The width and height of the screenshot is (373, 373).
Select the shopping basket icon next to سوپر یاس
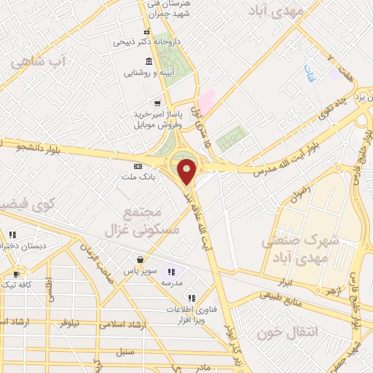(x=138, y=259)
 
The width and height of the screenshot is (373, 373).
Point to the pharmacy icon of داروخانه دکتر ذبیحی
(x=147, y=31)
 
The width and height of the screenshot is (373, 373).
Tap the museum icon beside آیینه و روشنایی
(x=149, y=60)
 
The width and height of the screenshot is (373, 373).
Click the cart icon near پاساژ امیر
(x=156, y=103)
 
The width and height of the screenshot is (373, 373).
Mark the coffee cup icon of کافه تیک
(x=16, y=275)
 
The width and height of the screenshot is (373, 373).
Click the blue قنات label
(x=310, y=74)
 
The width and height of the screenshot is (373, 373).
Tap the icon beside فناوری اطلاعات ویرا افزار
(x=191, y=297)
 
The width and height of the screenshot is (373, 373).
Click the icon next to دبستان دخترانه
(x=13, y=235)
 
